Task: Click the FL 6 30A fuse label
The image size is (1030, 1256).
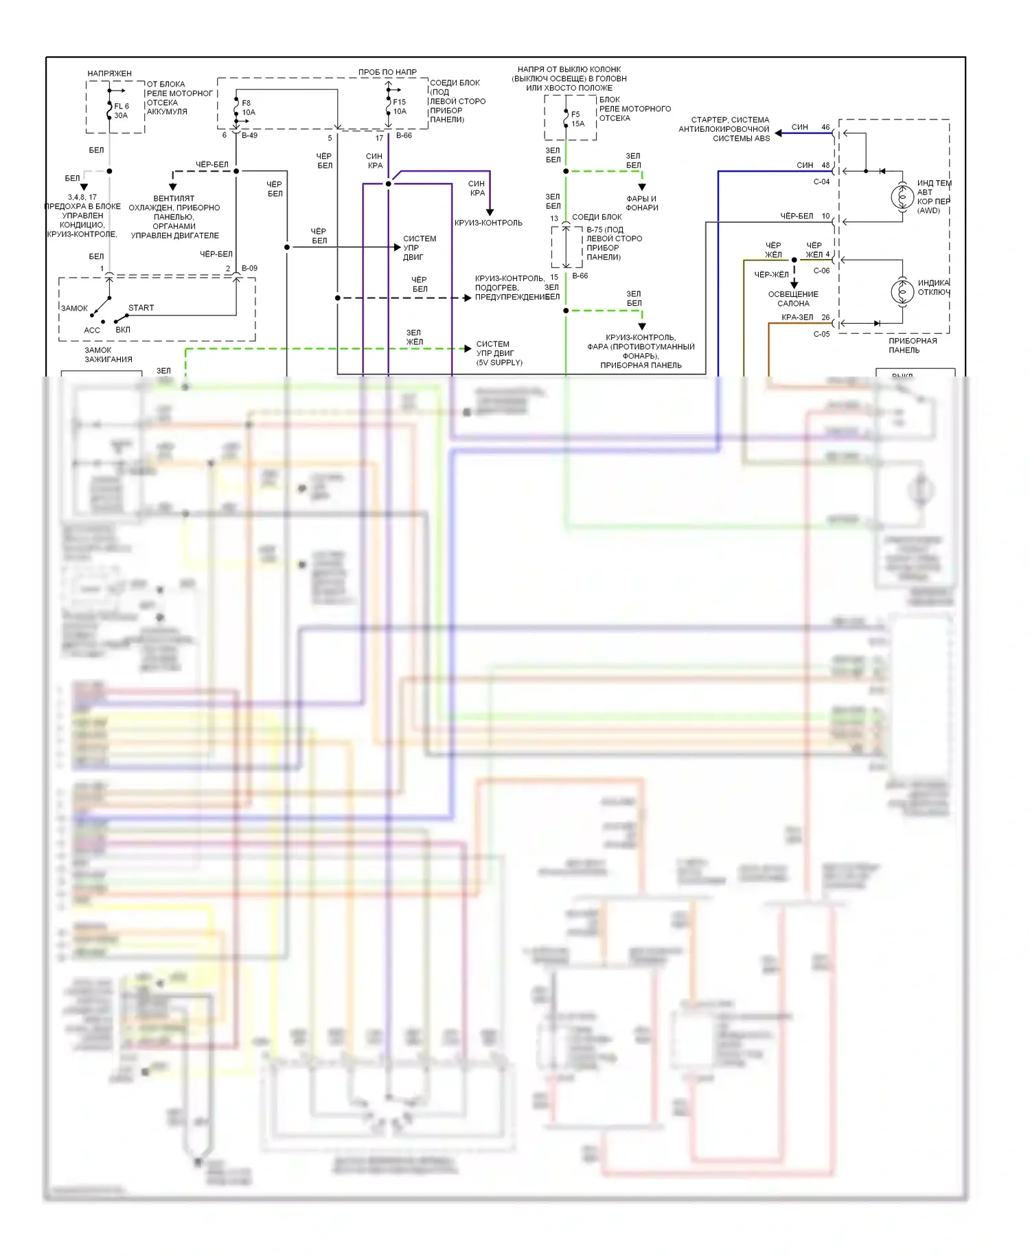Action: (121, 111)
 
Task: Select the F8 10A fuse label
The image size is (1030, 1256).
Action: (248, 108)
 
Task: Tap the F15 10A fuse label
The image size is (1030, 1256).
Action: (399, 106)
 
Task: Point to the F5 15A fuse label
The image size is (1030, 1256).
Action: (577, 119)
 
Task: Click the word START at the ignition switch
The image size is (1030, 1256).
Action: (141, 308)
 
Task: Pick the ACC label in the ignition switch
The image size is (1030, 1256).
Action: (92, 330)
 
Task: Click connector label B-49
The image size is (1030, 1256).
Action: (249, 135)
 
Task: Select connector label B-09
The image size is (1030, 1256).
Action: (249, 269)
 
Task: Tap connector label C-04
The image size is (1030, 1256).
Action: (821, 182)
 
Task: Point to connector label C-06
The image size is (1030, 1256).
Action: (821, 271)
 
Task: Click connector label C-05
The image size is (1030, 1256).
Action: (821, 335)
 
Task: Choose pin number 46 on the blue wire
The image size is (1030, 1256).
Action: (825, 127)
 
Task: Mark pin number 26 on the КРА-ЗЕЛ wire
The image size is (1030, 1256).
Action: (825, 317)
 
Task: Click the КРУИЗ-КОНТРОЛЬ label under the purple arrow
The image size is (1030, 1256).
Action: (488, 223)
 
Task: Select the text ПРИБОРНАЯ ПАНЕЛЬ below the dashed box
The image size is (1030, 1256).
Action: (913, 346)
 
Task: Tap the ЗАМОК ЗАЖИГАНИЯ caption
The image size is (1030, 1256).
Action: (108, 355)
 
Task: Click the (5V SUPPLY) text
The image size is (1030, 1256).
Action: (499, 363)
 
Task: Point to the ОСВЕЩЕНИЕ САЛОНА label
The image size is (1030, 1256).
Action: (793, 299)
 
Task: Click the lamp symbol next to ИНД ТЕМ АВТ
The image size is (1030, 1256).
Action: (902, 197)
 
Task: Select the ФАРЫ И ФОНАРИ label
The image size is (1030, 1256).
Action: (642, 203)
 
